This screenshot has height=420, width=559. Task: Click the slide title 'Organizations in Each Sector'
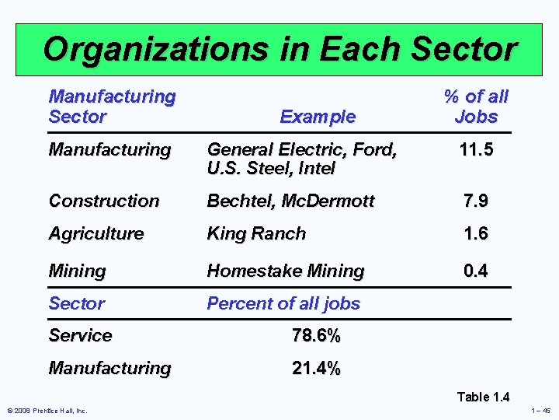[279, 48]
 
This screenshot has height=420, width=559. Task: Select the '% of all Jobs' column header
[475, 107]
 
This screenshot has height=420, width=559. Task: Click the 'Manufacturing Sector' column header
[112, 107]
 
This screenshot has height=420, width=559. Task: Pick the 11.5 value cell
[475, 149]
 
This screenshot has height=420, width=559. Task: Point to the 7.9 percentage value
[475, 201]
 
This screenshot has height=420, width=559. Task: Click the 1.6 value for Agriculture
[475, 233]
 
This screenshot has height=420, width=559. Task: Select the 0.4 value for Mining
[475, 271]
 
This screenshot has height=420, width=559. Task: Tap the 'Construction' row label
[103, 201]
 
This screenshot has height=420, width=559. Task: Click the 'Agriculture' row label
[95, 233]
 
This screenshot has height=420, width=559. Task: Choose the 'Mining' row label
[77, 271]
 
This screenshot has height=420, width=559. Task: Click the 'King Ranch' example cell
[256, 233]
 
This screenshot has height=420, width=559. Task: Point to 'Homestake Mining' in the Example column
[285, 271]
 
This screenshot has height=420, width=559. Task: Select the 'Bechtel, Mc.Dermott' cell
[290, 201]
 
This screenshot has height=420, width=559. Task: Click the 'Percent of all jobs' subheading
[283, 303]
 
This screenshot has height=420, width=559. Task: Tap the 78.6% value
[316, 336]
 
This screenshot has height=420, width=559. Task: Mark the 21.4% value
[316, 368]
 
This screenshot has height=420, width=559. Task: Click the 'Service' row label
[80, 336]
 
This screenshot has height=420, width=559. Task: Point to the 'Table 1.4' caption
[483, 397]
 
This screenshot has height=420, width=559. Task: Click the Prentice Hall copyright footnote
[47, 411]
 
